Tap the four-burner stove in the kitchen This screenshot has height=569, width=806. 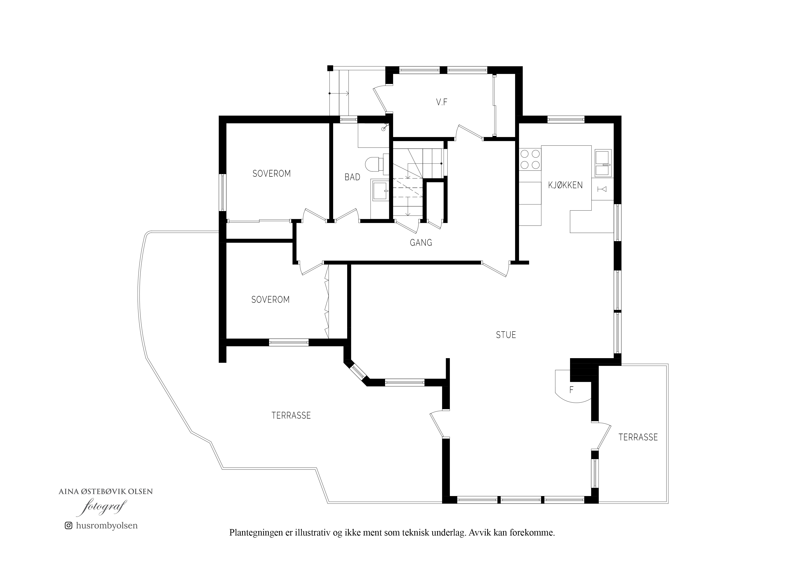(x=530, y=159)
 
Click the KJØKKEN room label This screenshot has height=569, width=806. (x=565, y=185)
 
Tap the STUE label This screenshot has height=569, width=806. (x=506, y=335)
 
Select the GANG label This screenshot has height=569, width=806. (x=421, y=243)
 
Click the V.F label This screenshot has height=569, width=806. (x=442, y=102)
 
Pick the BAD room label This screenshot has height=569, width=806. (x=352, y=177)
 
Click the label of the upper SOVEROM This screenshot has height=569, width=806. (x=272, y=173)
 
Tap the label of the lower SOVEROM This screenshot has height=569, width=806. (x=270, y=299)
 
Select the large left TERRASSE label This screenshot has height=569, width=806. (x=291, y=416)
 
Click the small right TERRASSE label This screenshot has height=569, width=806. (x=638, y=437)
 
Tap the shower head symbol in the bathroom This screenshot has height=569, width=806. (x=385, y=127)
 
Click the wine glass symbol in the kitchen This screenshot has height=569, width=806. (x=602, y=189)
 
